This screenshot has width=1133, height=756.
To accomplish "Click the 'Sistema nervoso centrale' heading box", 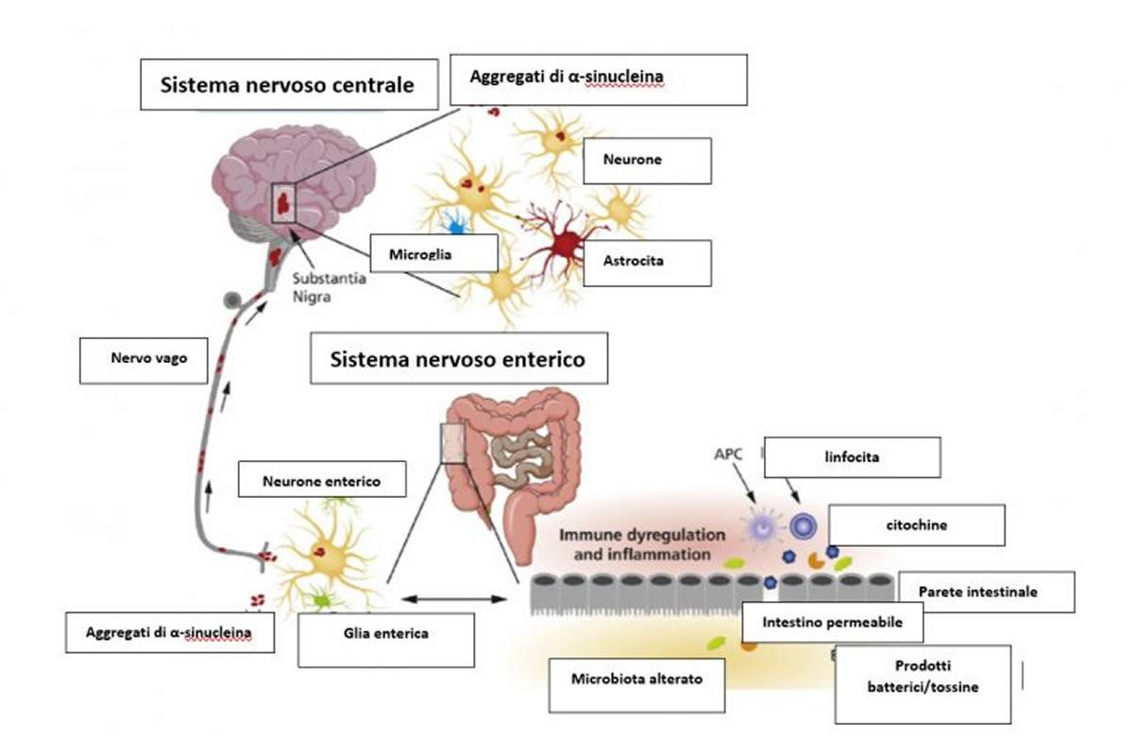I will coord(287,85).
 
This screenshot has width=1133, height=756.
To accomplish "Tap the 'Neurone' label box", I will coord(646,161).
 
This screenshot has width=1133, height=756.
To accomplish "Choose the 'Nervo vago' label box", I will coord(143,360).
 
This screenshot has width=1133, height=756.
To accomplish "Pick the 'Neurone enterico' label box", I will coord(322,480).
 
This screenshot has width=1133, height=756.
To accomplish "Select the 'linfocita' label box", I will coord(853,456).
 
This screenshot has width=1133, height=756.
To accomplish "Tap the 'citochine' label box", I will coord(915,524).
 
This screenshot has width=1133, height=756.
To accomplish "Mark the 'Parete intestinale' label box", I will coord(985,592).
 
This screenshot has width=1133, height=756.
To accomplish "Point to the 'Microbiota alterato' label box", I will coord(636,679).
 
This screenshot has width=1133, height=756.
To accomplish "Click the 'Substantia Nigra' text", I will coord(329,286).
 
